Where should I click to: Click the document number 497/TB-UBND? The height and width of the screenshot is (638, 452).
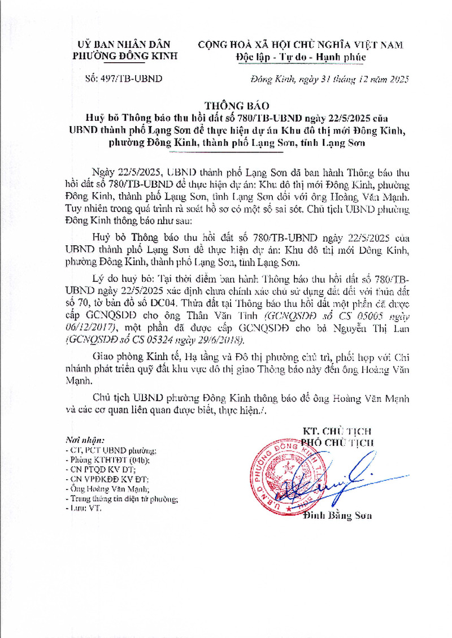(123, 79)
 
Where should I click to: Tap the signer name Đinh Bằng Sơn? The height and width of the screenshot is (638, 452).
(337, 515)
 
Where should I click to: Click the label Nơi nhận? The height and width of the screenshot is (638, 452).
(85, 440)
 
